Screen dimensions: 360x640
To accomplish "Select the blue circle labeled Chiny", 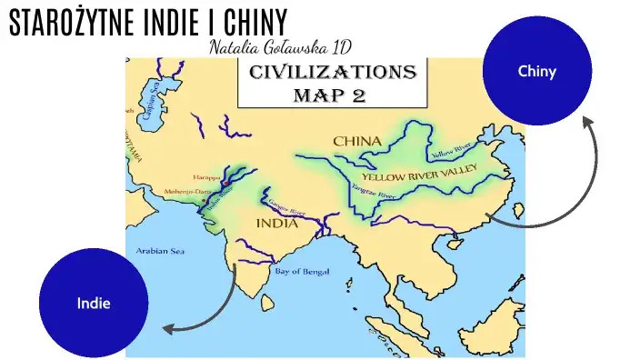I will click(x=536, y=70).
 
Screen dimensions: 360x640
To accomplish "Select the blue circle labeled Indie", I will click(x=93, y=302).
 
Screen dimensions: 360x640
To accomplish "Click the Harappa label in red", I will click(x=205, y=176).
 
